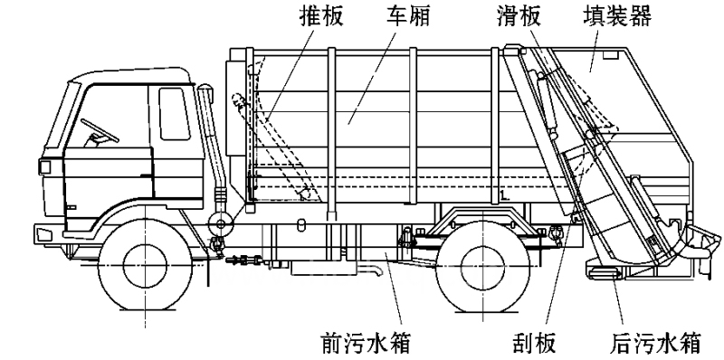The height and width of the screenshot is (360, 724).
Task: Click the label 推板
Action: click(321, 16)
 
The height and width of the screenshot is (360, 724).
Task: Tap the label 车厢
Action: click(408, 16)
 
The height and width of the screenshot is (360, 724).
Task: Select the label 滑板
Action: click(519, 16)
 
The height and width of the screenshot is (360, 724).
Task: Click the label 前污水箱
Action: click(365, 343)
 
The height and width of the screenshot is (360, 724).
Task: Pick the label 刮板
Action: click(534, 343)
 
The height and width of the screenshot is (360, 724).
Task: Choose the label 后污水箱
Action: click(655, 343)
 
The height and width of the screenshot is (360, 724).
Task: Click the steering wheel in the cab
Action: click(100, 130)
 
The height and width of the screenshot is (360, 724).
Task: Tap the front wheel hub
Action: click(145, 265)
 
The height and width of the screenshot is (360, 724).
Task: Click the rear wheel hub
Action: click(482, 265)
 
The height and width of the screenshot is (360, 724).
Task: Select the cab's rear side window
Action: click(174, 113)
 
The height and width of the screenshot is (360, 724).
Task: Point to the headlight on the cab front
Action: click(44, 166)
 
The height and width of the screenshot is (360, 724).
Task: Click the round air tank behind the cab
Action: click(220, 224)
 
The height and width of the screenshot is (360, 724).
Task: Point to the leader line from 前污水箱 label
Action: click(393, 289)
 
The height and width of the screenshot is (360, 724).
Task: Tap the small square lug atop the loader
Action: click(611, 54)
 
